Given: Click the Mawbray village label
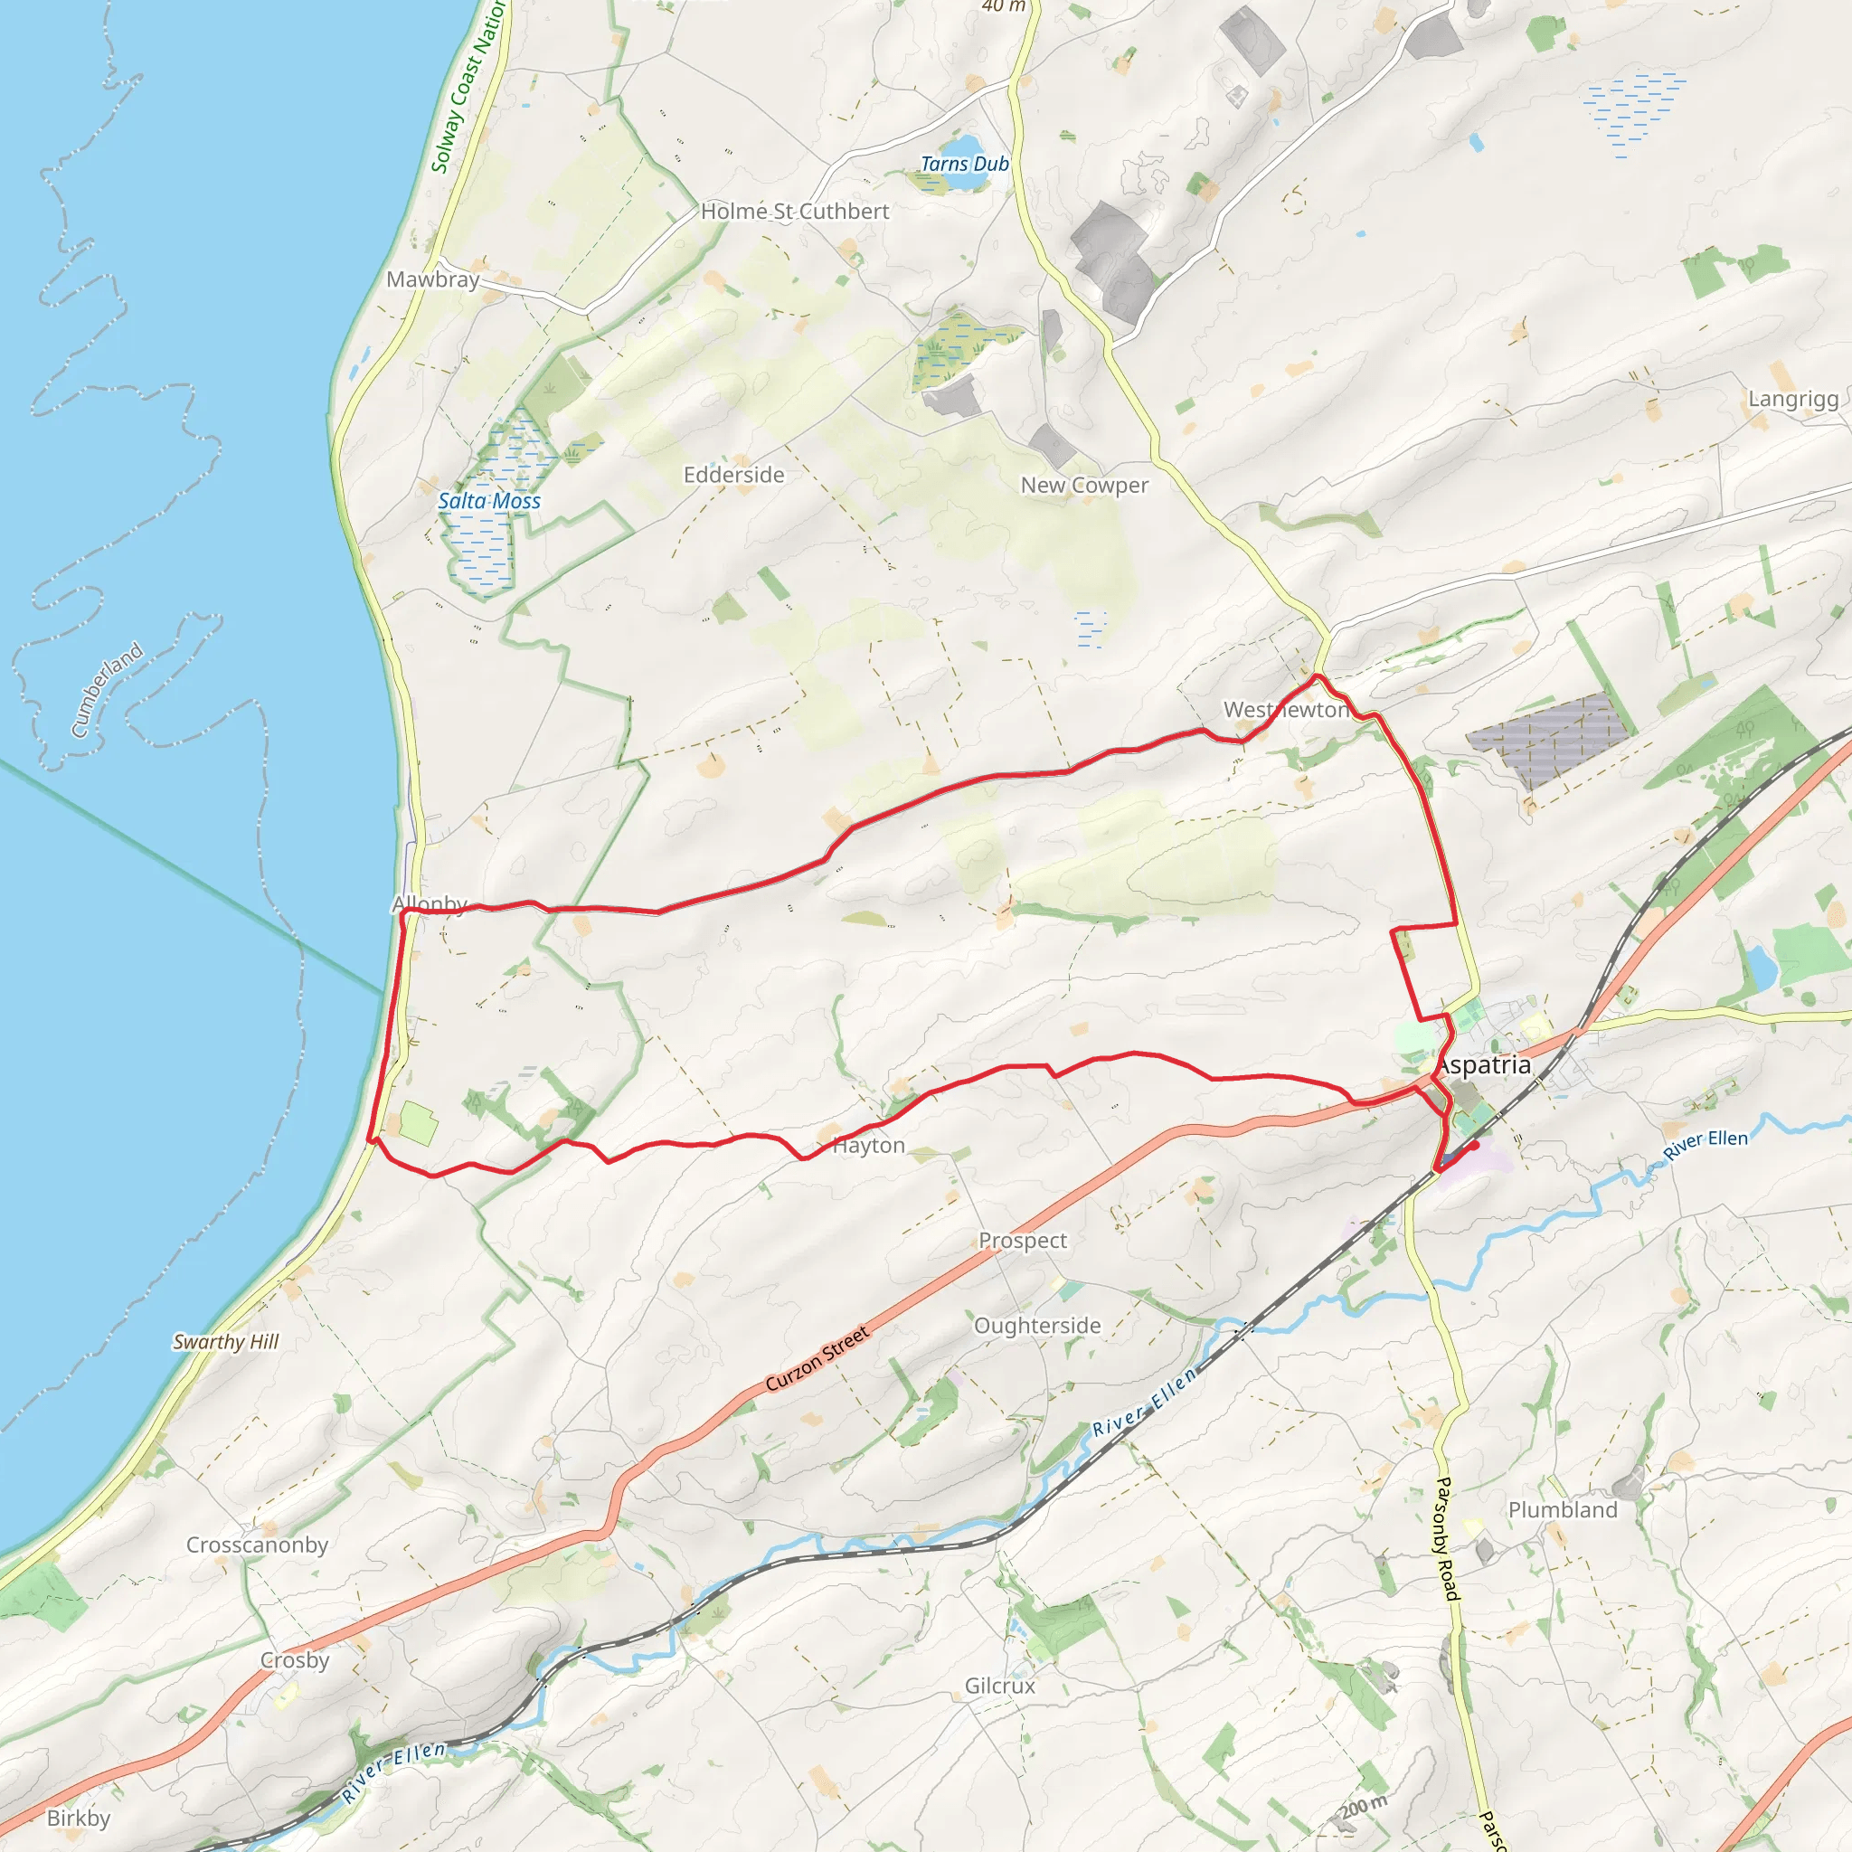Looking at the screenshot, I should pos(432,280).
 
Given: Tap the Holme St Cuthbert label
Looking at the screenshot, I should pos(795,212).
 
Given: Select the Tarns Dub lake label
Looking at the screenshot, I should pos(964,164).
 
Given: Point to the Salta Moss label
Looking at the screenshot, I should pos(489,500).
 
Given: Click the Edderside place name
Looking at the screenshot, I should pos(733,476).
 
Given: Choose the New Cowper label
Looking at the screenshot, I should pos(1083,485).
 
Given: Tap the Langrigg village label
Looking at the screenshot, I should pos(1792,399).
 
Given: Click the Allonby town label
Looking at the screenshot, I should pos(430,904).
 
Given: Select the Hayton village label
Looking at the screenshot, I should pos(868,1146).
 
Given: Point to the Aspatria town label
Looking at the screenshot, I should pos(1483,1065).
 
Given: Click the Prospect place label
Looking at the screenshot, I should pos(1022,1241).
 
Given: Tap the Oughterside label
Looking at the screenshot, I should pos(1037,1326).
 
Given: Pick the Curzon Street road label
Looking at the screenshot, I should pos(817,1358).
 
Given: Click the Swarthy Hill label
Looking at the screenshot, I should pos(225,1342).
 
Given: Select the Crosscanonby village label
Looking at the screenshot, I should pos(257,1545).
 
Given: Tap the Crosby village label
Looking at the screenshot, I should pos(294,1660).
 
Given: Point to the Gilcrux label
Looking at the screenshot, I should pos(1000,1687).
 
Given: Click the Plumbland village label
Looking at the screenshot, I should pos(1563,1511).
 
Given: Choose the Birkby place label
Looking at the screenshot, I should pos(79,1819).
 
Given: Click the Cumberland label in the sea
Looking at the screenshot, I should pos(108,690).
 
